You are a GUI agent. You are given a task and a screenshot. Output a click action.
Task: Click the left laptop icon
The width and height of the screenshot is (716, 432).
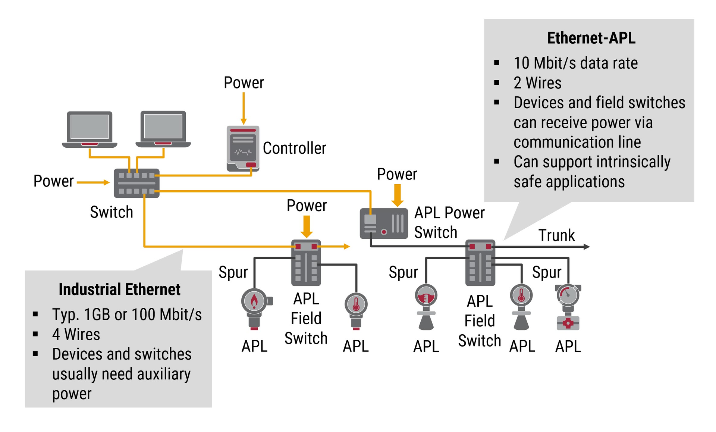click(89, 129)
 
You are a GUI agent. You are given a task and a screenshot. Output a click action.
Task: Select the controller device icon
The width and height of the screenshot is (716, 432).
click(243, 148)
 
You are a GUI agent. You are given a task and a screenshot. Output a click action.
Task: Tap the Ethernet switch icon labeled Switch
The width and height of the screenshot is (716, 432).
click(136, 183)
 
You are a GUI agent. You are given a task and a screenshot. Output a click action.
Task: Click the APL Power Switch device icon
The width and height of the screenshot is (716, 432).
click(383, 223)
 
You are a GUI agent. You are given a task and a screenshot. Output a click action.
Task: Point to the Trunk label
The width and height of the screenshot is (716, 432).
click(556, 235)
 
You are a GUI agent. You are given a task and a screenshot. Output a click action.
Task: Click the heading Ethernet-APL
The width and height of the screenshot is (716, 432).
click(591, 38)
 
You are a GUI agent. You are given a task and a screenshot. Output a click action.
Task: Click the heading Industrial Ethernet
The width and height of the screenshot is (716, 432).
click(119, 289)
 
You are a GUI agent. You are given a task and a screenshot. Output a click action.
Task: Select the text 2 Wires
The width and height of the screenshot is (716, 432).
click(537, 83)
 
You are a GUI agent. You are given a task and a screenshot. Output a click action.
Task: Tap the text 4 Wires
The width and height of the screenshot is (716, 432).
click(76, 334)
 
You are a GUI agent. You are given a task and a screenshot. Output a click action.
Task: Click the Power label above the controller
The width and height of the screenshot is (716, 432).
click(244, 83)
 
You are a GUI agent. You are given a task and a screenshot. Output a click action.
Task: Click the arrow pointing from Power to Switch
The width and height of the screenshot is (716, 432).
click(93, 182)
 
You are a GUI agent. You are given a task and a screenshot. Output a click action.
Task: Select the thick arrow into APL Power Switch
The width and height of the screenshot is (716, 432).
click(398, 195)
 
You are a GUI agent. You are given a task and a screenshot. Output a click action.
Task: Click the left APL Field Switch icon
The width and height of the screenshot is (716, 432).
click(306, 263)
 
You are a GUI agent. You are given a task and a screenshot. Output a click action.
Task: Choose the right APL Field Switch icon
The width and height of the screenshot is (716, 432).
click(480, 263)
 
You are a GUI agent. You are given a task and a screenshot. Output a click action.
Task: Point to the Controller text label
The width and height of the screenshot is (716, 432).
click(294, 148)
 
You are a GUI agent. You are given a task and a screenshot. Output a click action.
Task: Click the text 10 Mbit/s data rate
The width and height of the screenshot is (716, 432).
click(575, 63)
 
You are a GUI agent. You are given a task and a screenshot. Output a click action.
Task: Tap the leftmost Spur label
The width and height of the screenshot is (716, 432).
click(233, 272)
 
